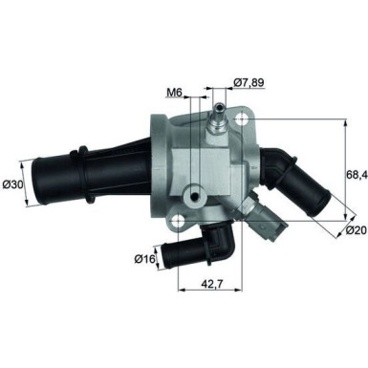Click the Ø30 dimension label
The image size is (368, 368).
pos(14,184)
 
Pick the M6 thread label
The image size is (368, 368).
pos(174,93)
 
